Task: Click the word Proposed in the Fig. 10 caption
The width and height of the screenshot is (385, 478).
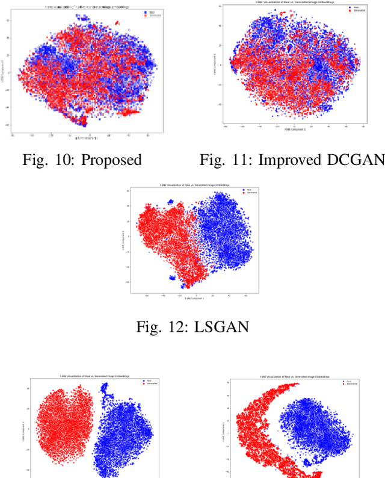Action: pyautogui.click(x=111, y=160)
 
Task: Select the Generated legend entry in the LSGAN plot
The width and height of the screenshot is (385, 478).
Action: pyautogui.click(x=247, y=195)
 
